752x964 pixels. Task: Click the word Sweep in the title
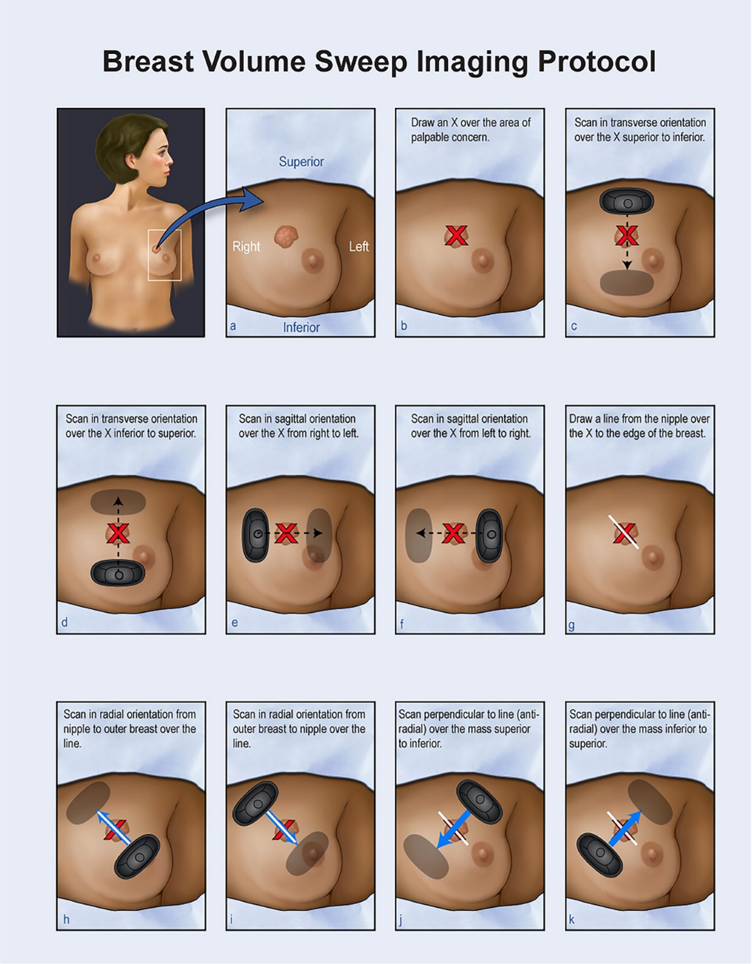point(361,62)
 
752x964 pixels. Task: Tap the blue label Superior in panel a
point(301,162)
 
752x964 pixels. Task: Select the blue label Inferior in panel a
point(301,327)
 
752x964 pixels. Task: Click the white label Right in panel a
point(246,247)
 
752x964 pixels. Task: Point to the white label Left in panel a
point(358,246)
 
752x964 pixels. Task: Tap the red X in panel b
point(456,236)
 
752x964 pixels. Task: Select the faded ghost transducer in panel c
point(627,282)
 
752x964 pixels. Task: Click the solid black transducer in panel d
point(118,573)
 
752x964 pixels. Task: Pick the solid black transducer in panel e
point(256,535)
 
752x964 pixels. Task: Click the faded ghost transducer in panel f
point(419,535)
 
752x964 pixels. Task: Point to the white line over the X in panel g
point(624,532)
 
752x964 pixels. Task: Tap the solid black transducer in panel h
point(137,857)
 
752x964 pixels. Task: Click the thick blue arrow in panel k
point(625,828)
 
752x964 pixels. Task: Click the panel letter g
point(572,625)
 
